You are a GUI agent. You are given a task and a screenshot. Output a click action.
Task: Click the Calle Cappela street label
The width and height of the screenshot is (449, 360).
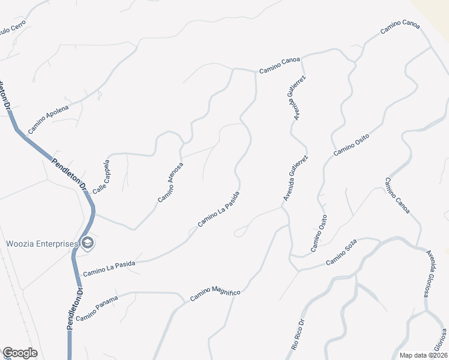tap(101, 176)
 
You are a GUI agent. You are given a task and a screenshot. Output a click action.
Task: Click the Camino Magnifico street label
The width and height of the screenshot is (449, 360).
tap(215, 294)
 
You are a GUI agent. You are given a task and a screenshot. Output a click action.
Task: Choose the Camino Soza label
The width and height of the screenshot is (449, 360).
tap(342, 253)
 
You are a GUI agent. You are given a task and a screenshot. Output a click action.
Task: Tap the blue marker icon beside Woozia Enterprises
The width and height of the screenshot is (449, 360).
tap(88, 243)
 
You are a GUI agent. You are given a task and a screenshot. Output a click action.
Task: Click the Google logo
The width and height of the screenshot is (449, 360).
tap(20, 353)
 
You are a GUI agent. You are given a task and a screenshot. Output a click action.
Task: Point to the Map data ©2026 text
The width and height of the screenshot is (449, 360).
tap(423, 355)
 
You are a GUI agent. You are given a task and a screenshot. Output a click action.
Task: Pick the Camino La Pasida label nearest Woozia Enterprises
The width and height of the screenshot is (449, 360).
tap(109, 268)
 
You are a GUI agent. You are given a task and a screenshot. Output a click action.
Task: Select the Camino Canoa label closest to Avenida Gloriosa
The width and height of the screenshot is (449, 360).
tap(397, 196)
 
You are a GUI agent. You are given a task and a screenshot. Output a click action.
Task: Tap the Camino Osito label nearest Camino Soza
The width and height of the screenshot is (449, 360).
tap(319, 233)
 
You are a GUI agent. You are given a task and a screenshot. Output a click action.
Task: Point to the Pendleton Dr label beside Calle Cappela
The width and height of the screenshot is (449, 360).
tap(69, 175)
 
